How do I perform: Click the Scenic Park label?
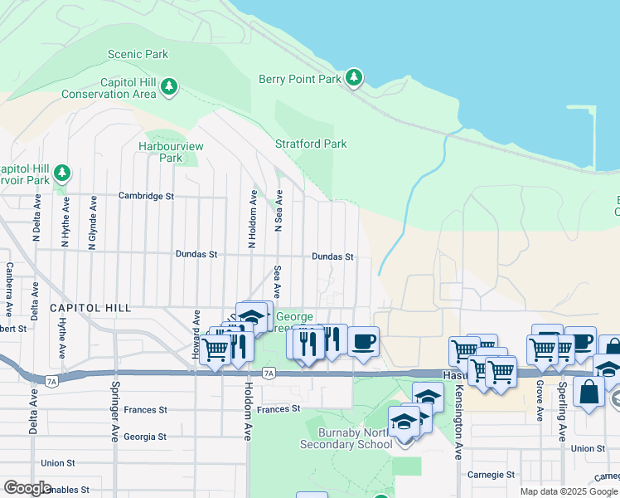point(138,54)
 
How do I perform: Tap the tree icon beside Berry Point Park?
point(355,78)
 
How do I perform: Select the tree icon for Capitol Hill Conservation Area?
point(169,86)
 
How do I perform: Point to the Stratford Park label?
point(311,144)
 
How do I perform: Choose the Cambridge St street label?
point(146,197)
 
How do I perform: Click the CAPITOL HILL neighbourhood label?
point(90,308)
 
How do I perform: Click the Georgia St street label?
point(145,436)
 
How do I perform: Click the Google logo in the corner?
point(27,488)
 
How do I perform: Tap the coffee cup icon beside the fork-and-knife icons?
point(363,340)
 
